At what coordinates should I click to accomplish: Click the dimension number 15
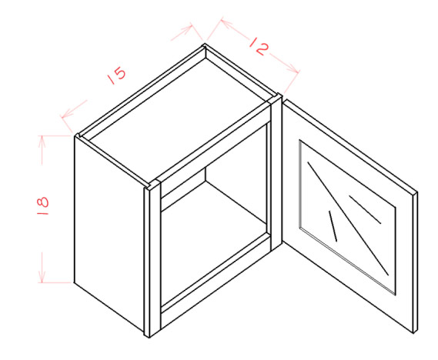click(117, 75)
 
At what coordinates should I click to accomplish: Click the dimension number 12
click(259, 47)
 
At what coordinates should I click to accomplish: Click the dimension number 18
click(42, 205)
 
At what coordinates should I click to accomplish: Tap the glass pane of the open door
click(347, 217)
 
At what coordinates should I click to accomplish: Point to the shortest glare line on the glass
click(333, 225)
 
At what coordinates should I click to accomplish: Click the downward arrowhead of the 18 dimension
click(42, 275)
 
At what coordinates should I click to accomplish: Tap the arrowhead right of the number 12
click(293, 68)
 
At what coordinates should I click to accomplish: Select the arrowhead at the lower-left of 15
click(67, 114)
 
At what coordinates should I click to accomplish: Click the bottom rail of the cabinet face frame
click(216, 275)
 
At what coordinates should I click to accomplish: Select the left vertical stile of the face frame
click(155, 258)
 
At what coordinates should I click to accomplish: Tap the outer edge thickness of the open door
click(416, 262)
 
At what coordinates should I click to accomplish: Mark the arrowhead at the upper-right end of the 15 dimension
click(186, 29)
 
